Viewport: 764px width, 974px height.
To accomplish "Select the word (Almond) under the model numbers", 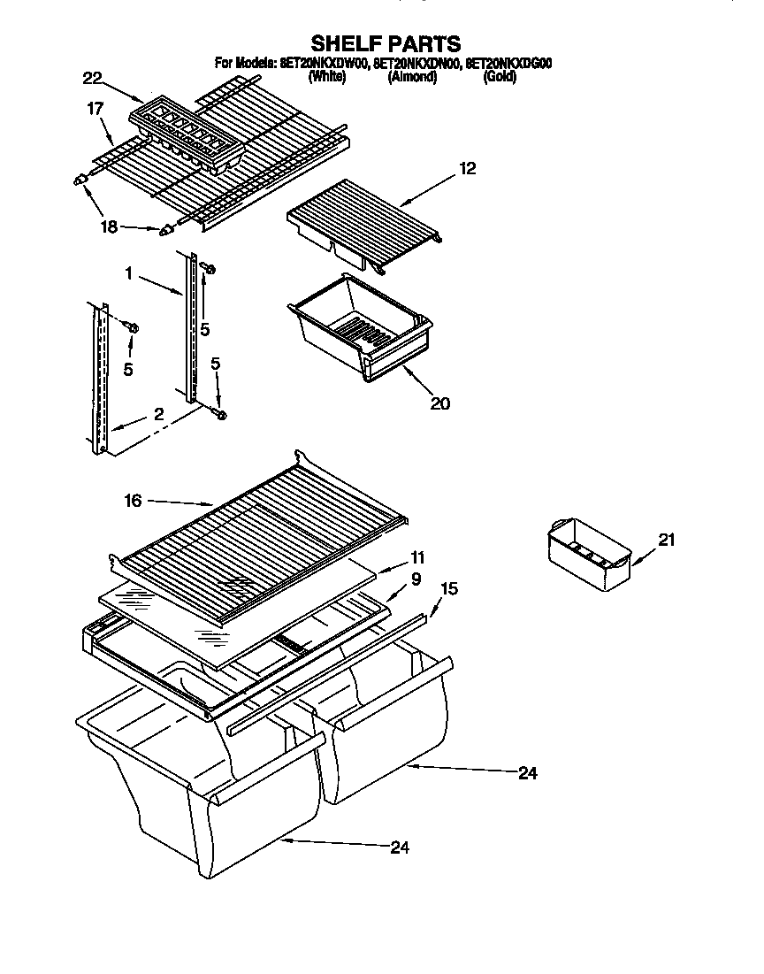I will (x=412, y=77).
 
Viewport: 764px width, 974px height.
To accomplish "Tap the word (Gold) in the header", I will (x=500, y=77).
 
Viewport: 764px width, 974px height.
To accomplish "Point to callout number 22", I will (x=93, y=79).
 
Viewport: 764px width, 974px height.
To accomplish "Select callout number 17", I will (x=95, y=109).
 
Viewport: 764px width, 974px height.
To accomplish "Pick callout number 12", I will (x=467, y=168).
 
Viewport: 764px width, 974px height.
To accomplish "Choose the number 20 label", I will (x=439, y=403).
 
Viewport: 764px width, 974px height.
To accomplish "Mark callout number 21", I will (x=666, y=540).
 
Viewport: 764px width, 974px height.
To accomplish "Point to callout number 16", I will (x=133, y=501).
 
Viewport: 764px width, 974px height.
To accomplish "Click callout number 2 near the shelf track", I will (x=158, y=413).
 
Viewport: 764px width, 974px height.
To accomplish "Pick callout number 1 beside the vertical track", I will (x=129, y=275).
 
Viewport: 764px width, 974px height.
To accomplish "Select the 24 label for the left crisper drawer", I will (x=401, y=847).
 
